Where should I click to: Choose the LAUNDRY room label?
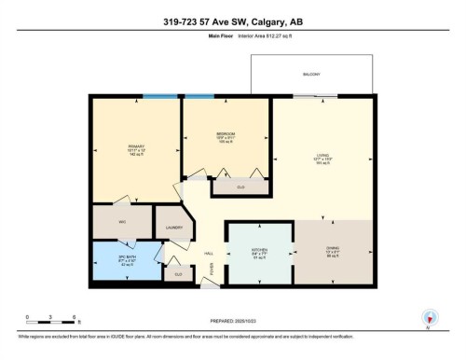pyautogui.click(x=172, y=228)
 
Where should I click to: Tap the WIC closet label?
pyautogui.click(x=122, y=222)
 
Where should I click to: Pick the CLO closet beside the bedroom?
pyautogui.click(x=229, y=187)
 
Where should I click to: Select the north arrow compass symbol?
pyautogui.click(x=428, y=317)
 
